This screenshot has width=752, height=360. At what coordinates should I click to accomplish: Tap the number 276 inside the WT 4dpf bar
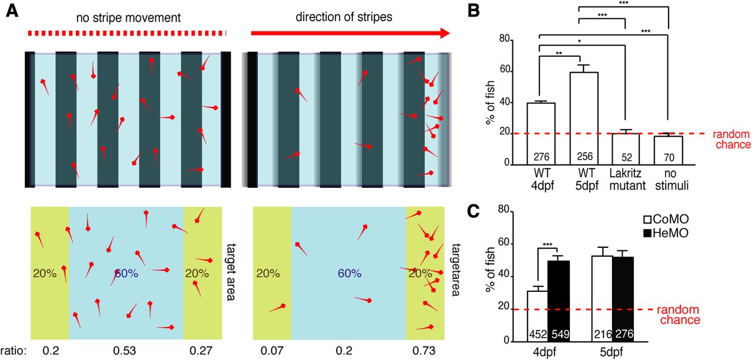[541, 157]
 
